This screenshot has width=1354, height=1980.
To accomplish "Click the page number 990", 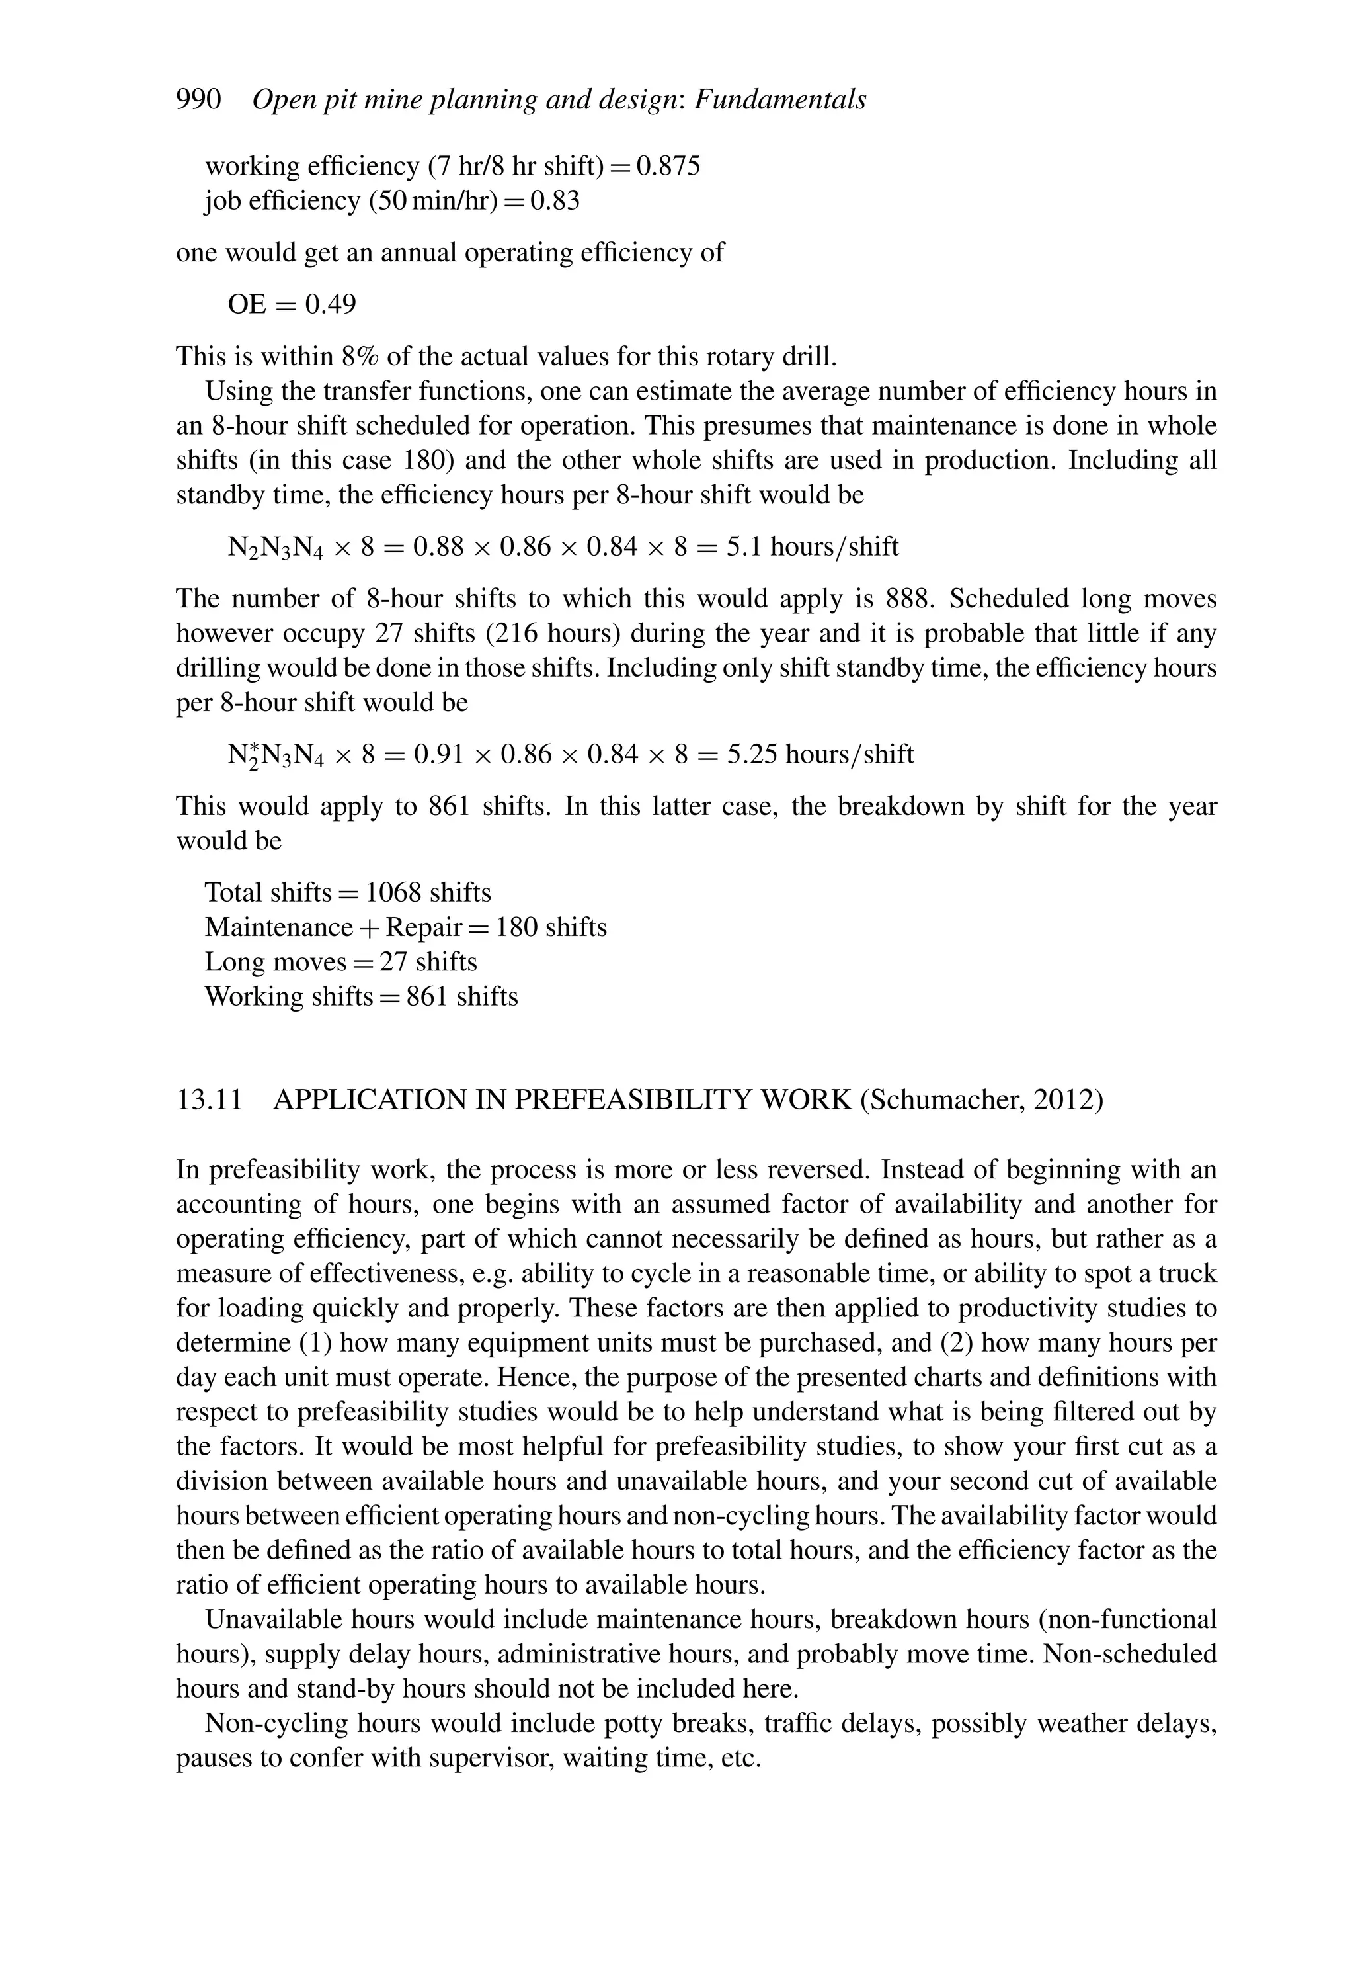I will (x=198, y=100).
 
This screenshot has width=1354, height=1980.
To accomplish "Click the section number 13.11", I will (x=210, y=1100).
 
